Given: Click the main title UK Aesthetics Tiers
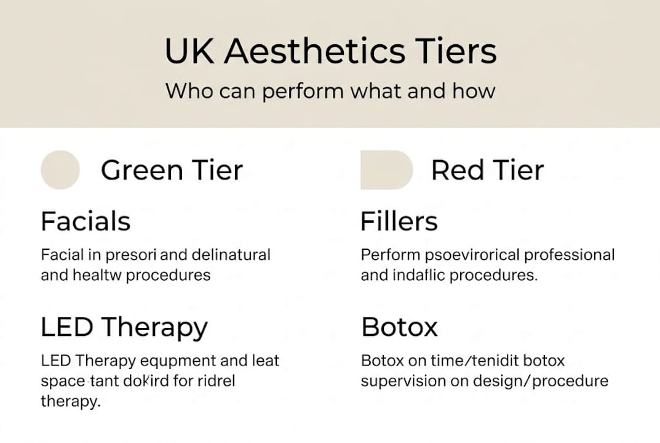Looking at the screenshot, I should click(330, 51).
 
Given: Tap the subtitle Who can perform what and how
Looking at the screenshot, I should click(330, 91).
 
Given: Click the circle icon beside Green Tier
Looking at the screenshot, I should click(60, 170).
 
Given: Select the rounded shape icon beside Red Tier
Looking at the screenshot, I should click(386, 170).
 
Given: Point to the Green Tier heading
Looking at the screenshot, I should click(172, 170).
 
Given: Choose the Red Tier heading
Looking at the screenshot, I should click(487, 170).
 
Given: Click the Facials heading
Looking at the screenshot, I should click(85, 221).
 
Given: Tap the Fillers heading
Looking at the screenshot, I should click(399, 221).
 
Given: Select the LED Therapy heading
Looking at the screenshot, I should click(124, 327).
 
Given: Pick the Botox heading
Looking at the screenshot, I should click(399, 327).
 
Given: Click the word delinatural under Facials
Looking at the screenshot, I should click(231, 255).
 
